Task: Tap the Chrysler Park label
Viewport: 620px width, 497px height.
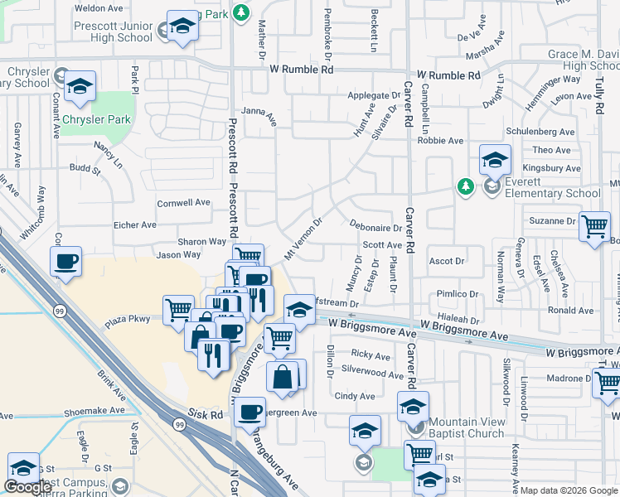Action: pyautogui.click(x=96, y=120)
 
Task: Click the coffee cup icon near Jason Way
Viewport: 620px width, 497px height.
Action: pyautogui.click(x=65, y=263)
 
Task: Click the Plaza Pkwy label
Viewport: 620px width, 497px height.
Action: pyautogui.click(x=127, y=318)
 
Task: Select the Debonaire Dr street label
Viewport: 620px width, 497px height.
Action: pyautogui.click(x=375, y=227)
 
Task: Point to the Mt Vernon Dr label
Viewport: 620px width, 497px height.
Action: pyautogui.click(x=303, y=238)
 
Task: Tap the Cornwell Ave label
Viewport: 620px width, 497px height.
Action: pyautogui.click(x=184, y=202)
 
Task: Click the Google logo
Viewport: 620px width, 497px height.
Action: pyautogui.click(x=28, y=487)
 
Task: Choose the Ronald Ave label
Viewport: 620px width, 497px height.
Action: pyautogui.click(x=571, y=311)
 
